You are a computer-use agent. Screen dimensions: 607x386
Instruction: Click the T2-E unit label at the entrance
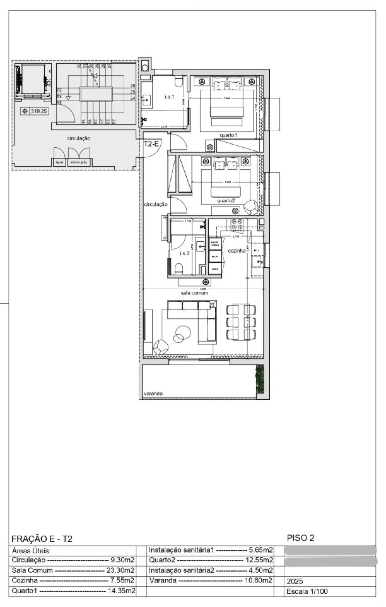coord(151,144)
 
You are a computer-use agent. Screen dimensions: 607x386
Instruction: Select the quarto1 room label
coord(228,135)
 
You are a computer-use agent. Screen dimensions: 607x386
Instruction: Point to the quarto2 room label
coord(226,201)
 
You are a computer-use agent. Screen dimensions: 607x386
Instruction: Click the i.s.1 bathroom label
coord(169,97)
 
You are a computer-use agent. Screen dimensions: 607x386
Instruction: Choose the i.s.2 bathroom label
coord(185,253)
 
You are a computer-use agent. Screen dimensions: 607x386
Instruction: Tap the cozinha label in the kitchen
coord(237,251)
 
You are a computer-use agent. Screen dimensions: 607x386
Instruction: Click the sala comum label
coord(195,293)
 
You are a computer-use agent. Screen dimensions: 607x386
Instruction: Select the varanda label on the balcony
coord(153,393)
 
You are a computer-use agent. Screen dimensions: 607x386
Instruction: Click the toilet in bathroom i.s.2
coord(179,268)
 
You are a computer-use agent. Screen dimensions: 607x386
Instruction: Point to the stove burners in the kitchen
coord(237,224)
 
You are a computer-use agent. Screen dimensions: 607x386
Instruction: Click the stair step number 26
coord(133,86)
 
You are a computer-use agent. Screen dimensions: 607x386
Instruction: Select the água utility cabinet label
coord(59,162)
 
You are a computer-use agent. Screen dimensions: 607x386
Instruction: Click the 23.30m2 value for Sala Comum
coord(120,570)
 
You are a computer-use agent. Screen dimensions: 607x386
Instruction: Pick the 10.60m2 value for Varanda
coord(258,580)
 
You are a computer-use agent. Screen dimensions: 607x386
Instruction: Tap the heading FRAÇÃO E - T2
coord(42,539)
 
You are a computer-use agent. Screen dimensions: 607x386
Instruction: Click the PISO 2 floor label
coord(300,538)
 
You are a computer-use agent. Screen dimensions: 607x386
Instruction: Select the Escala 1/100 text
coord(307,591)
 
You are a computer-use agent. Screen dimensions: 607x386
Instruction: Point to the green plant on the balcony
coord(260,379)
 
